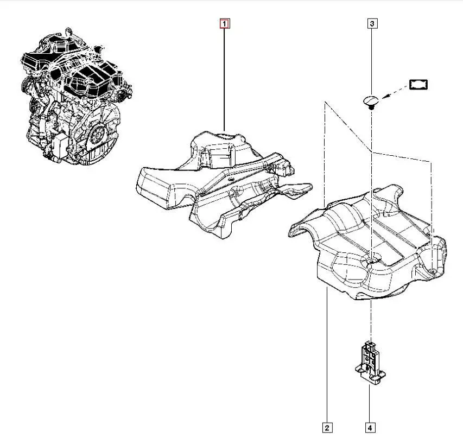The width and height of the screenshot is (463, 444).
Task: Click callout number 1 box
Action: point(224,24)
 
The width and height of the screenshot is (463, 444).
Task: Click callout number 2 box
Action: point(327,428)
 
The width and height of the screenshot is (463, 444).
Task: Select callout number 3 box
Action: point(372,23)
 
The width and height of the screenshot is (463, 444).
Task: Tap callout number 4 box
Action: point(370,428)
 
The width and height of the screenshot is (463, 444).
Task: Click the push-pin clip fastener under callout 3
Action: point(371,102)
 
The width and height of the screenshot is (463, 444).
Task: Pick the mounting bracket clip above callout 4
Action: point(370,363)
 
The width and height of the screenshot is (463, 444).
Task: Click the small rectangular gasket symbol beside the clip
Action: point(418,85)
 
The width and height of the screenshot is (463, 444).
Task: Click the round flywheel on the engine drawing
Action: point(98,134)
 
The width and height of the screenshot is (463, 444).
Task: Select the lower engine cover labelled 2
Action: point(367,242)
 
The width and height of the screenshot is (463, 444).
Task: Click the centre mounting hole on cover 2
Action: point(371,260)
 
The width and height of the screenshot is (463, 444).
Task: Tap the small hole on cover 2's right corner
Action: point(432,270)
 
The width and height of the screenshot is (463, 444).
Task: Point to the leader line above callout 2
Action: point(327,354)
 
